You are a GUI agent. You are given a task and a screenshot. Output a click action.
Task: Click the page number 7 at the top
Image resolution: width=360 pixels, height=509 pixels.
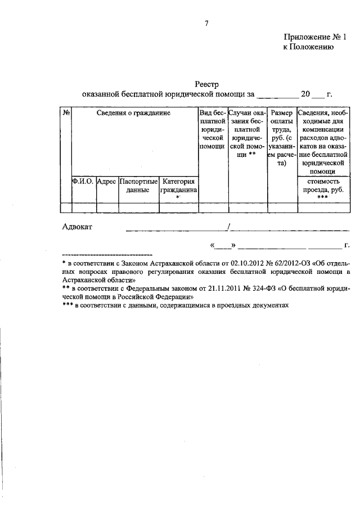click(207, 23)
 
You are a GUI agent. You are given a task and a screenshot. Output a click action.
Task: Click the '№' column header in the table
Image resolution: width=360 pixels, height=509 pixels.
click(66, 112)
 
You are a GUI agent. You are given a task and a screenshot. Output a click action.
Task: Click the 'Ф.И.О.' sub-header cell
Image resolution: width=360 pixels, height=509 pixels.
click(83, 182)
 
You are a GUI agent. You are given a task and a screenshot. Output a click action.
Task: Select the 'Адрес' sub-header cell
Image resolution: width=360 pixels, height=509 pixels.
click(106, 182)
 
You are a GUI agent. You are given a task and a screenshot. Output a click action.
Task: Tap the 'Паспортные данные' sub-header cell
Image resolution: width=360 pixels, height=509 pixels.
click(138, 186)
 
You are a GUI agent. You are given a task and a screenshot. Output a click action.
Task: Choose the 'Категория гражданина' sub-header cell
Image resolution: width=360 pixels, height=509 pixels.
click(178, 186)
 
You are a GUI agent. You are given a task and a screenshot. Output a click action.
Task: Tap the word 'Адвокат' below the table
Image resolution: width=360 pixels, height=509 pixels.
click(77, 227)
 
